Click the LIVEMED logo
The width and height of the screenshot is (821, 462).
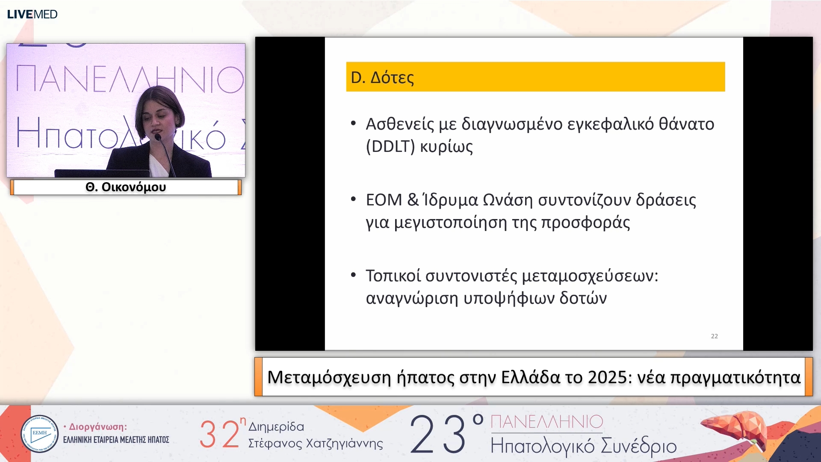point(32,14)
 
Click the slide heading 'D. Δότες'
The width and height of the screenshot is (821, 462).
point(382,77)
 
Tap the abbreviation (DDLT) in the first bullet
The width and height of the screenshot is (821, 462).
point(390,146)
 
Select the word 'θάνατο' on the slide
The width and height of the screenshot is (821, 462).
point(686,124)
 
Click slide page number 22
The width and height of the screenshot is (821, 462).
point(714,336)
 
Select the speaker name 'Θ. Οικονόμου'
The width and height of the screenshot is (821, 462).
point(126,187)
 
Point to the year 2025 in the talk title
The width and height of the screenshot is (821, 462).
point(606,377)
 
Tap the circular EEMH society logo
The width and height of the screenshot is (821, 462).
point(40,434)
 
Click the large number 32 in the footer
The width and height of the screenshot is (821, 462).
point(219,434)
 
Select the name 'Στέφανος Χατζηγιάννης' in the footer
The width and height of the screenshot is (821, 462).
point(316,443)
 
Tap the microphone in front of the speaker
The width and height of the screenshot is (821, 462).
point(158,138)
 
